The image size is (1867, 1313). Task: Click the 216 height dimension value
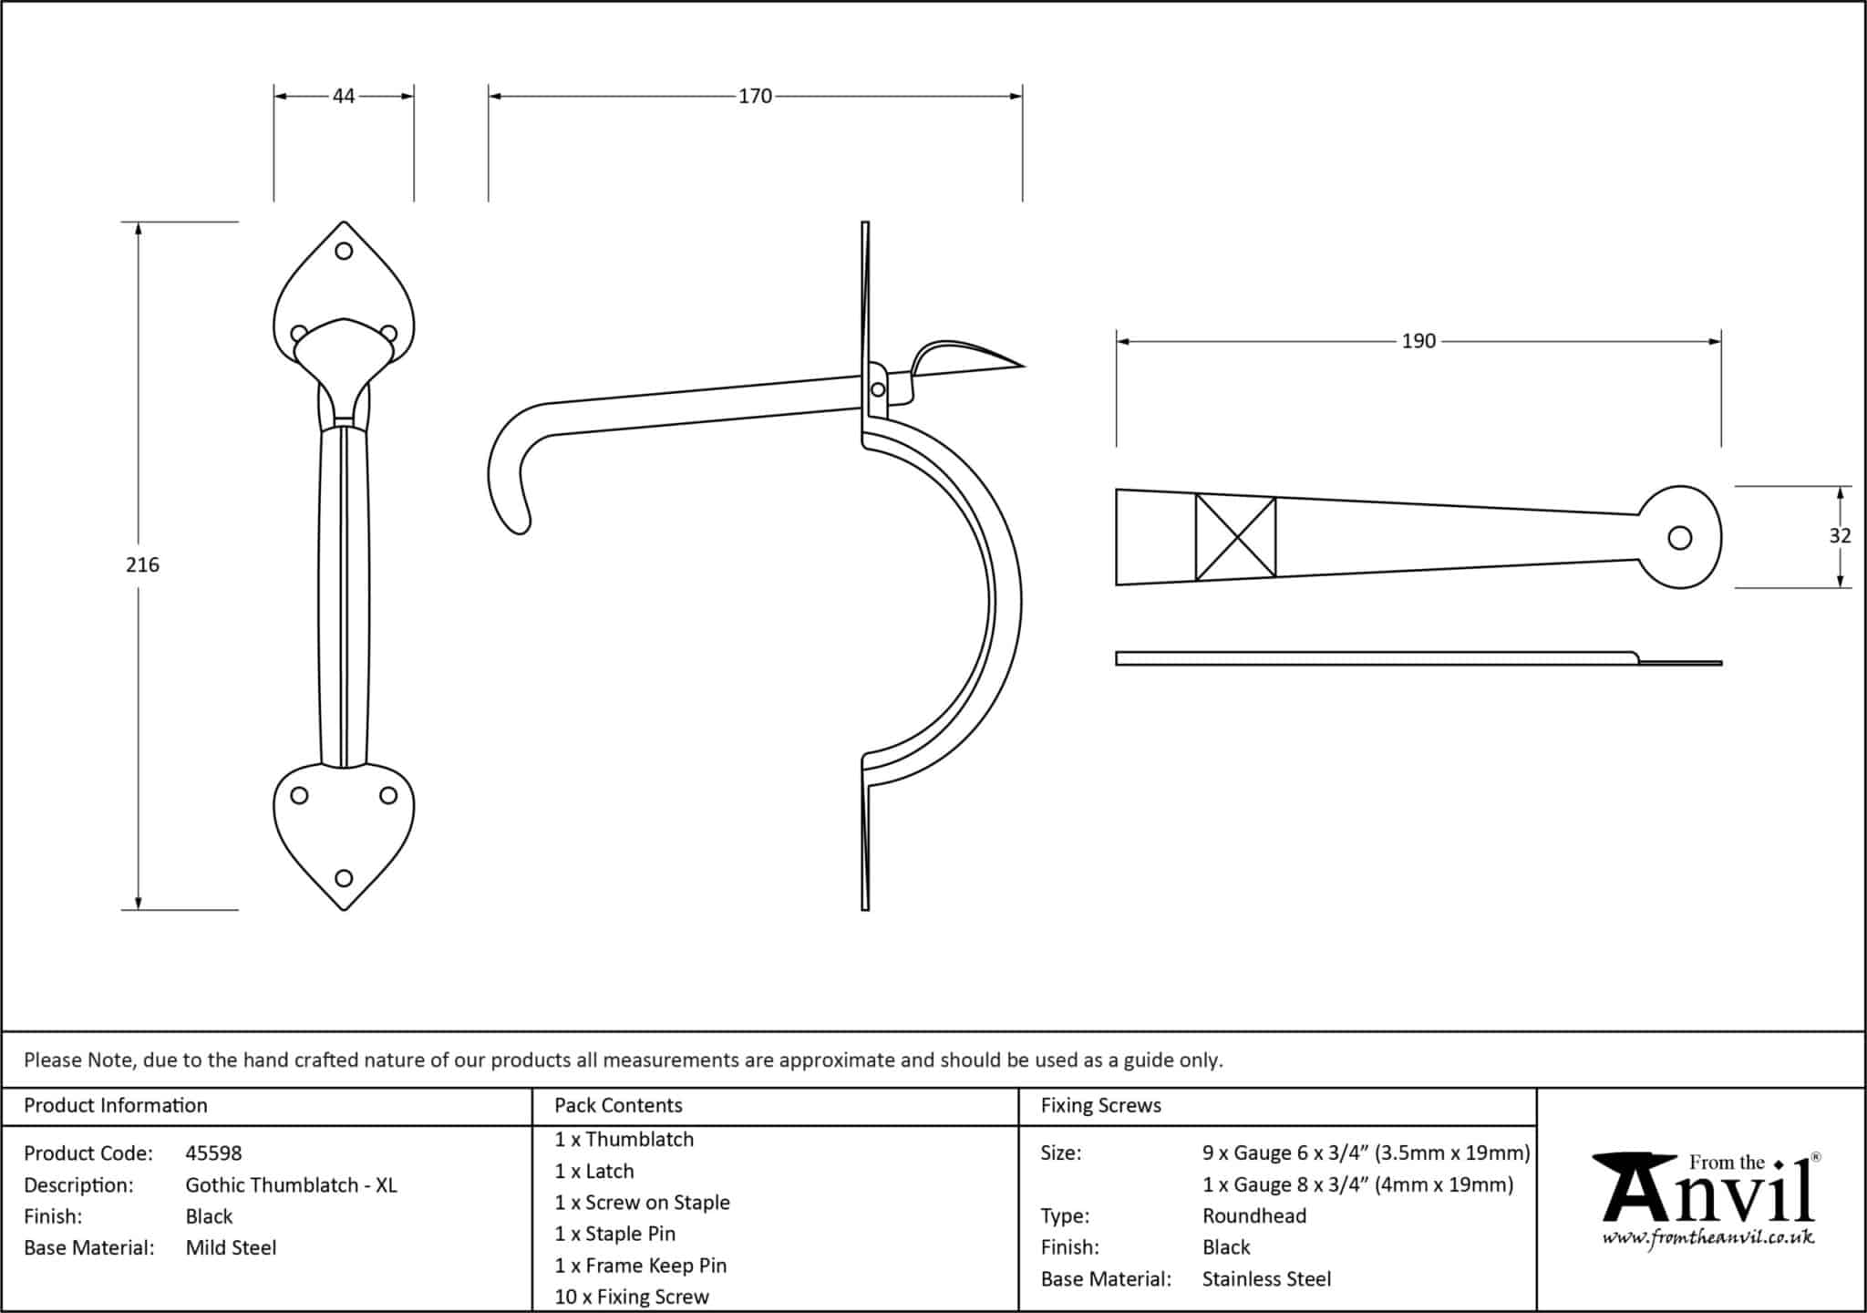pos(142,565)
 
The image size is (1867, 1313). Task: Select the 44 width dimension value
pos(344,96)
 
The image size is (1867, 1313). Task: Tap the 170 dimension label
pos(755,96)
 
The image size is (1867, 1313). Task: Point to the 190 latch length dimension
pos(1418,341)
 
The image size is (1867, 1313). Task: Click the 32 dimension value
pos(1840,536)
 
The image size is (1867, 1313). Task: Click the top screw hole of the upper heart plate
pos(344,251)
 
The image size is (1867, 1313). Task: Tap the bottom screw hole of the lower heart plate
pos(344,878)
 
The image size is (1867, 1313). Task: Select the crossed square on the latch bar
pos(1235,537)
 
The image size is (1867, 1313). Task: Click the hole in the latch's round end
pos(1679,538)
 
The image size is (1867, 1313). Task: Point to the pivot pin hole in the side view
pos(878,389)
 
